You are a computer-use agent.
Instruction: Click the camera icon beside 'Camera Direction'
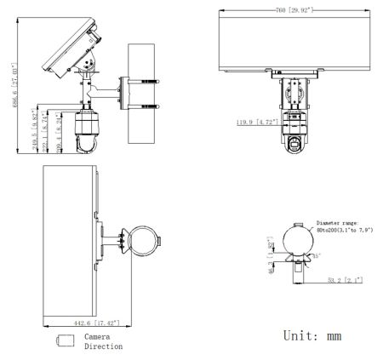pos(65,341)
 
